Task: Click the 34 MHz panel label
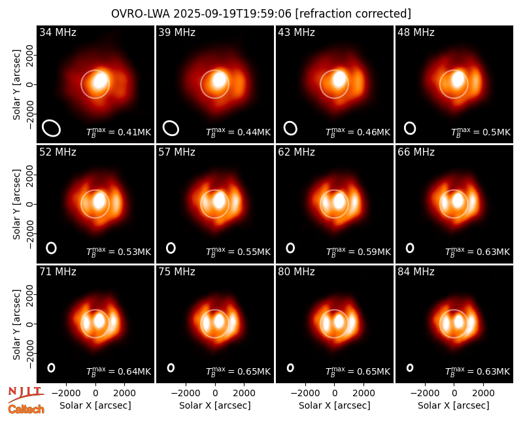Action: pos(58,32)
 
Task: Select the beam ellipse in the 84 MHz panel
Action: pos(410,367)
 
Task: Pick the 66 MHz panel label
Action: pos(416,152)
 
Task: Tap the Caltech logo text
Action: pos(26,409)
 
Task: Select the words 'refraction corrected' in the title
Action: pos(353,14)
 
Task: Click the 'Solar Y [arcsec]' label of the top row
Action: pos(16,85)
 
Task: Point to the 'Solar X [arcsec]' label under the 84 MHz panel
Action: pos(454,405)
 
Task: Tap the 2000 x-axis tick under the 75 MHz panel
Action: pos(244,394)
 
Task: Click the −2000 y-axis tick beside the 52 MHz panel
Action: pos(29,233)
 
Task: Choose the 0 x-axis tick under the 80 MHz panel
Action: pos(335,394)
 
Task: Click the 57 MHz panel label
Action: pos(177,152)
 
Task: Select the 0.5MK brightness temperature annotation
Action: pos(481,132)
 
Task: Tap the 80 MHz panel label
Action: pos(296,272)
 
